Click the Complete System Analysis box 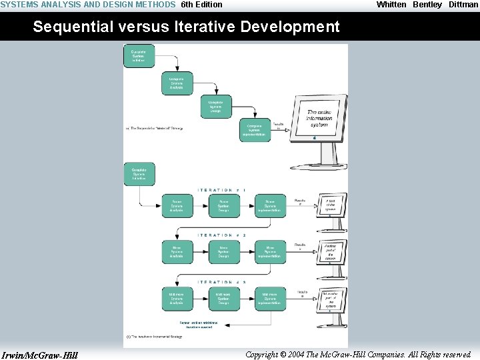(177, 83)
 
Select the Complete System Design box (215, 107)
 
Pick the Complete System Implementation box (255, 129)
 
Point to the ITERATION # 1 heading (222, 191)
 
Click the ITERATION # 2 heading (222, 235)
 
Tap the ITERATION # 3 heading (222, 282)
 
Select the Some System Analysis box (177, 206)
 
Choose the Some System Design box (223, 206)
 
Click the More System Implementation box (270, 252)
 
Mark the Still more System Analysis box (177, 298)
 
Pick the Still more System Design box (223, 298)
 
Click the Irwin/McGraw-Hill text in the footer (40, 355)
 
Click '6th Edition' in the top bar (201, 5)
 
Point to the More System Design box (223, 252)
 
